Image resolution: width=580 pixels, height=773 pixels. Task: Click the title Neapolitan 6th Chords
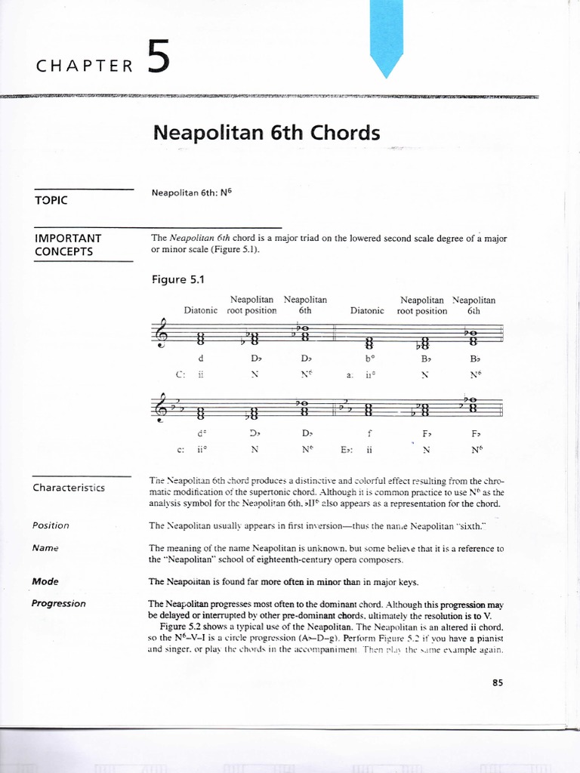coord(266,133)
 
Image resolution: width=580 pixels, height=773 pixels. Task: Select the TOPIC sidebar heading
coord(51,200)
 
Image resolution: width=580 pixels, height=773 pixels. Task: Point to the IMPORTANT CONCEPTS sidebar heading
coord(69,245)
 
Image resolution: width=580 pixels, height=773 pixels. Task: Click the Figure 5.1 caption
coord(179,279)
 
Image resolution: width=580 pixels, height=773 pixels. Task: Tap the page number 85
coord(497,683)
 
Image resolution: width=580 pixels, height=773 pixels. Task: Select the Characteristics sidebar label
coord(69,488)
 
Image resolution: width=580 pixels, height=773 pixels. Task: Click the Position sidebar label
coord(51,525)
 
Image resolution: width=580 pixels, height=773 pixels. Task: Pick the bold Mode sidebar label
coord(45,582)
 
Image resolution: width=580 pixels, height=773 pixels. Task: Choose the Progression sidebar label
coord(59,603)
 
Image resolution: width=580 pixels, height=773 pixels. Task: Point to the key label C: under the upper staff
coord(158,374)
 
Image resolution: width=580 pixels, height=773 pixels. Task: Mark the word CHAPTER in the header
coord(85,66)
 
